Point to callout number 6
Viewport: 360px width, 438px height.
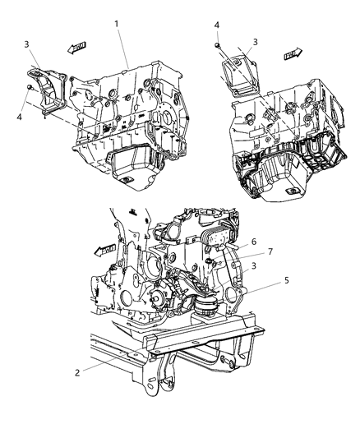point(254,243)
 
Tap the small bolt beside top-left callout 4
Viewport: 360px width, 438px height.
point(31,86)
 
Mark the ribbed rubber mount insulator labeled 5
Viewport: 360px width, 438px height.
point(206,311)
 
